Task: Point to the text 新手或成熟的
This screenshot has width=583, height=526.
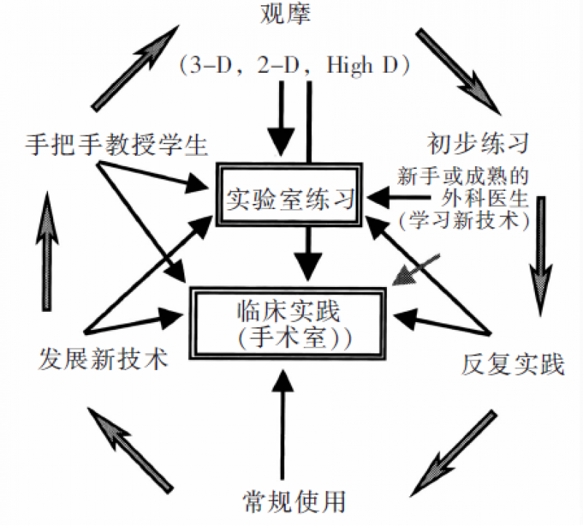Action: [463, 176]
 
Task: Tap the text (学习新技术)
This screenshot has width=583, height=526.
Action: [463, 220]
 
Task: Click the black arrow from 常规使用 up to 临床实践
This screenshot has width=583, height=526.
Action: [282, 423]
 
